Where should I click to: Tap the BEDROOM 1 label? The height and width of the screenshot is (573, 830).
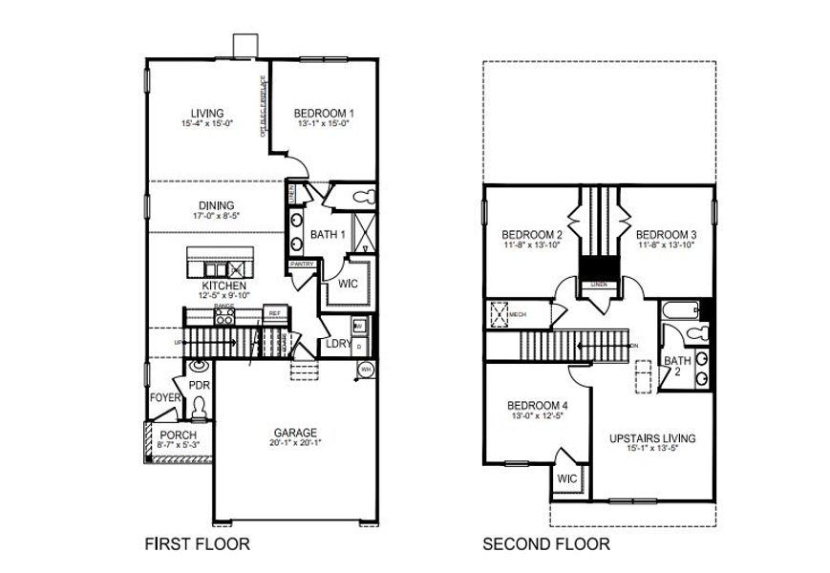(325, 112)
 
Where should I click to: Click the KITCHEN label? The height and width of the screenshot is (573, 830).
(223, 286)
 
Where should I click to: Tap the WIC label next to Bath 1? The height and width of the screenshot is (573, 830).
(347, 284)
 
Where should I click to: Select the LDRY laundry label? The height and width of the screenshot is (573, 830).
(338, 344)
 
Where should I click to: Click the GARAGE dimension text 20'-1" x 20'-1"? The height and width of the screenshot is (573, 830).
(293, 444)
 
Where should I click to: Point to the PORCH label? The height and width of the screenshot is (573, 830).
(178, 435)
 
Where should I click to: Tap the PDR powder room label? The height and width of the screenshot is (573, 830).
(199, 385)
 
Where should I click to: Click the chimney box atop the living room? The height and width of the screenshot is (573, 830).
(246, 47)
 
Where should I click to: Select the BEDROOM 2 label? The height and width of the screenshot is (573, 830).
(532, 235)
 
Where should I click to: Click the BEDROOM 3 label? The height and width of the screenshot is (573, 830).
(666, 235)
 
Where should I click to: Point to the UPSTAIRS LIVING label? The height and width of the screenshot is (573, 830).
(652, 438)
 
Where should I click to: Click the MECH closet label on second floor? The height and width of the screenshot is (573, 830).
(518, 313)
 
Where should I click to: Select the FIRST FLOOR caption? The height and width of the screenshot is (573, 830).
(198, 544)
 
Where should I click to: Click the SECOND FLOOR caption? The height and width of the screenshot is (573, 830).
(545, 544)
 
